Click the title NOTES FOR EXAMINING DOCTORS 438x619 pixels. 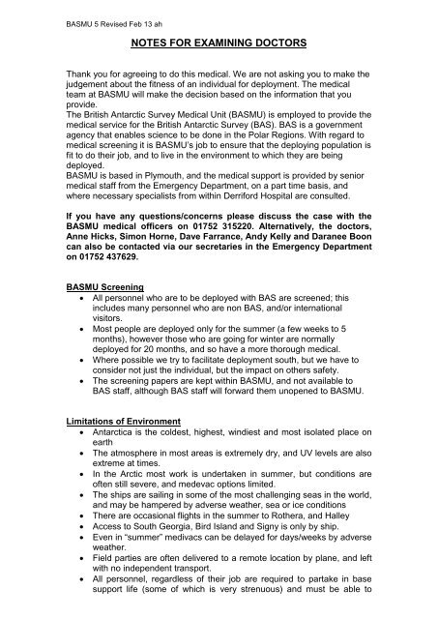coord(219,44)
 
